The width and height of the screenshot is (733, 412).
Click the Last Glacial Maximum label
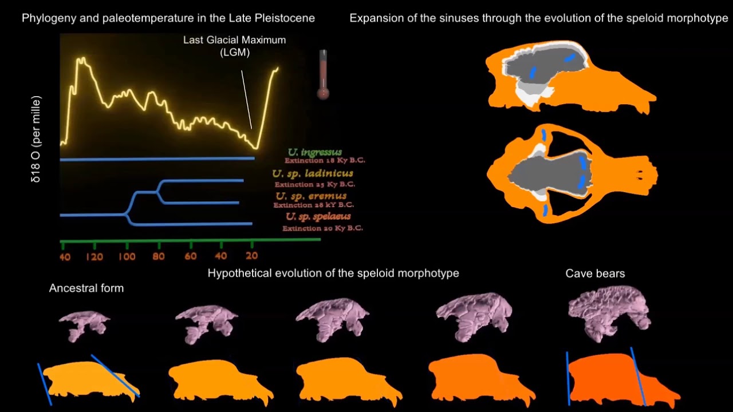coord(234,46)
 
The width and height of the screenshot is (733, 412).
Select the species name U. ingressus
coord(315,152)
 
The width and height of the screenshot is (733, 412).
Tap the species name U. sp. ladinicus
coord(313,173)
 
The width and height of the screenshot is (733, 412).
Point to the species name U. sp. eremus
coord(311,196)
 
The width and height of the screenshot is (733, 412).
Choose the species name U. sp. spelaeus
coord(318,217)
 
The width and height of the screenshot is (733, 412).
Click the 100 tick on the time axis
coord(127,256)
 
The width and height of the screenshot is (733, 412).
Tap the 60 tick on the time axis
coord(190,256)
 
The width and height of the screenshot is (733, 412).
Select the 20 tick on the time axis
coord(251,256)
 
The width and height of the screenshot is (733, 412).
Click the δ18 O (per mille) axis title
coord(37,140)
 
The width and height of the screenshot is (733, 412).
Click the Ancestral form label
coord(86,288)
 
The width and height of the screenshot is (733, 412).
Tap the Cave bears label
coord(595,274)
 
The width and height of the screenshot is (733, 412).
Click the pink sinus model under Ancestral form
coord(84,324)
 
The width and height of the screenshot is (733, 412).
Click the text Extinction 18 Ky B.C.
coord(325,161)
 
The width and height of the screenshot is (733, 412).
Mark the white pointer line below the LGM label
coord(246,100)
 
